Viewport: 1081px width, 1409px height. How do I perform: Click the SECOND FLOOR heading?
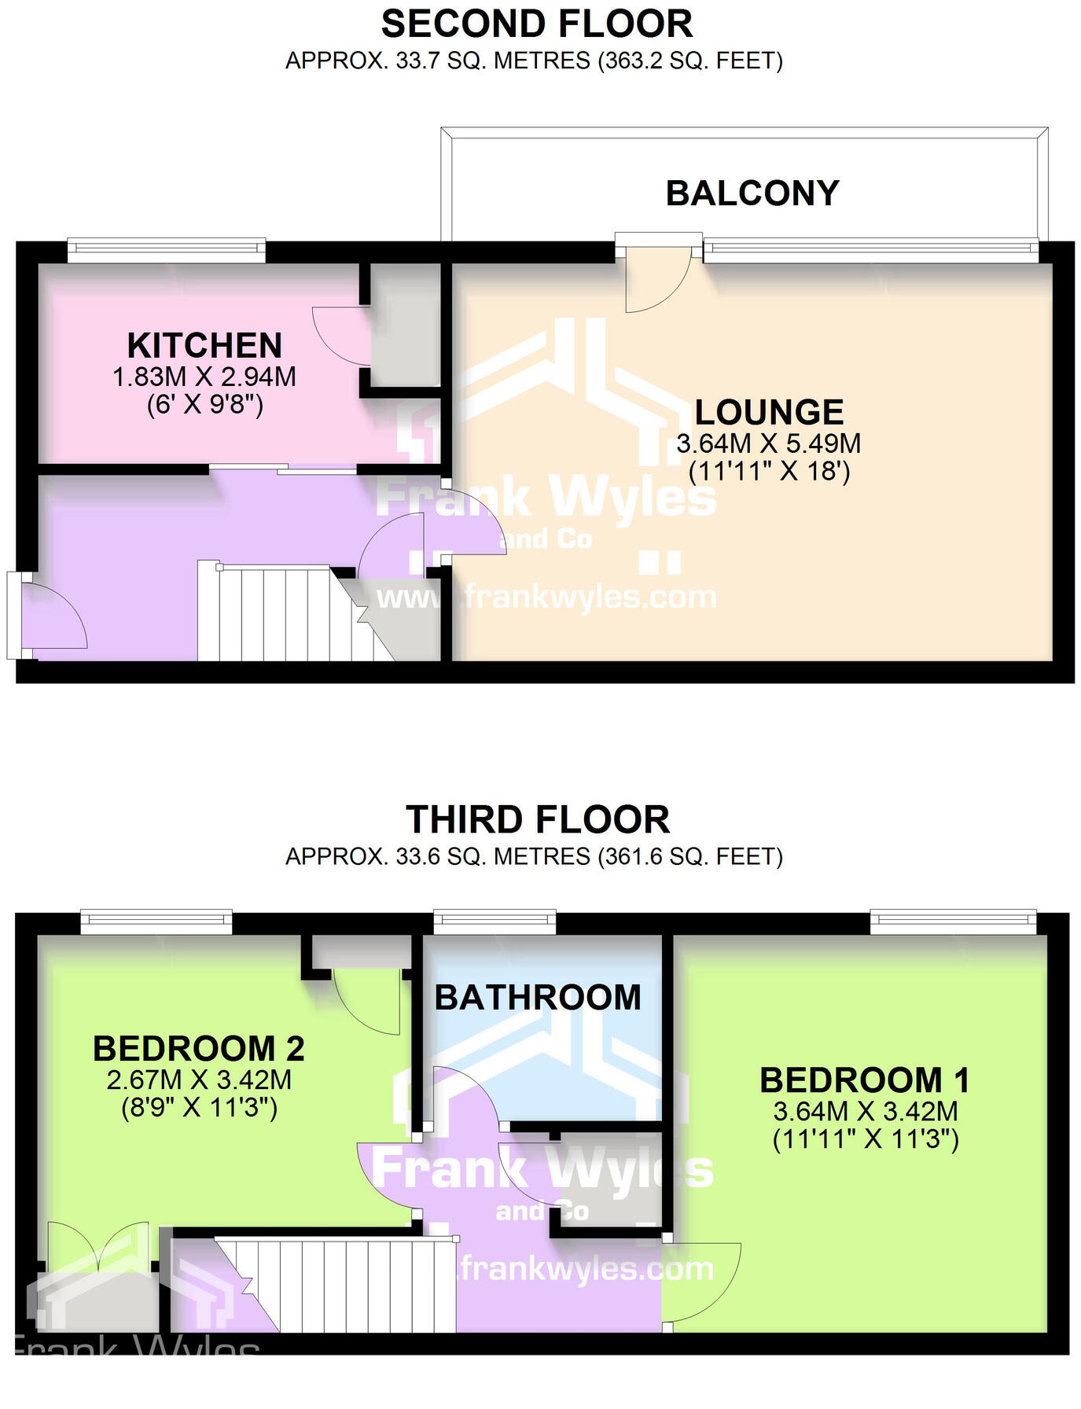click(536, 24)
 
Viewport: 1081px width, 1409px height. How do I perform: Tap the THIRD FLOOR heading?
click(538, 820)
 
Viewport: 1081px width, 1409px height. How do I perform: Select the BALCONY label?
click(752, 193)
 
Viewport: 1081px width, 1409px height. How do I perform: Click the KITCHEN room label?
click(204, 346)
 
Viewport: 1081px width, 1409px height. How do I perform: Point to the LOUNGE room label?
click(769, 413)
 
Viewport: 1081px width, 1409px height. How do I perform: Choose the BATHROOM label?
click(538, 998)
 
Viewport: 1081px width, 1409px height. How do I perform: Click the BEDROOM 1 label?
click(864, 1080)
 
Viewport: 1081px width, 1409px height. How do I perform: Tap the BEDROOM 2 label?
click(199, 1049)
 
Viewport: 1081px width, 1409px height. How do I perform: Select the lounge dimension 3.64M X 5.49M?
click(769, 443)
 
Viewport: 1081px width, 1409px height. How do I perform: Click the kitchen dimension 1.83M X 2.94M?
click(204, 377)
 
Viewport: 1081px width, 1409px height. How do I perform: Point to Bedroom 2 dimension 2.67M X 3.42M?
click(199, 1080)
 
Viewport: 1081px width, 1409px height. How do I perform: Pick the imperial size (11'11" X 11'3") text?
click(866, 1139)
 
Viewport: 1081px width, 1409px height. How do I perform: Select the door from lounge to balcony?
click(657, 275)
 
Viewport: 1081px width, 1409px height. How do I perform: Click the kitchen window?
click(166, 250)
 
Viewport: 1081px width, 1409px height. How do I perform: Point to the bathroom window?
click(495, 921)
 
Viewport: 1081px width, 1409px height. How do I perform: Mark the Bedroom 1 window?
click(953, 921)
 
